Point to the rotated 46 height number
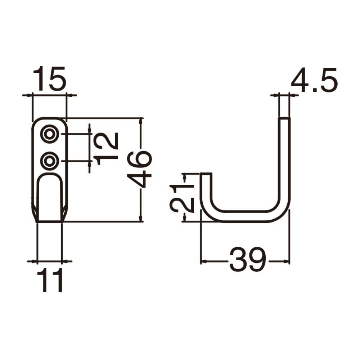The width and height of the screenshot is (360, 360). pyautogui.click(x=139, y=169)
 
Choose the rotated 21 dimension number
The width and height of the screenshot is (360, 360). pyautogui.click(x=182, y=197)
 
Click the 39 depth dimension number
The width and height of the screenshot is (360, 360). pyautogui.click(x=248, y=260)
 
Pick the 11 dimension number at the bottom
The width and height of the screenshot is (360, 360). pyautogui.click(x=50, y=280)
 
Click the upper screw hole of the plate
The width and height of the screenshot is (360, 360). pyautogui.click(x=49, y=134)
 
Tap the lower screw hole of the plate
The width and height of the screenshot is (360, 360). pyautogui.click(x=49, y=161)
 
